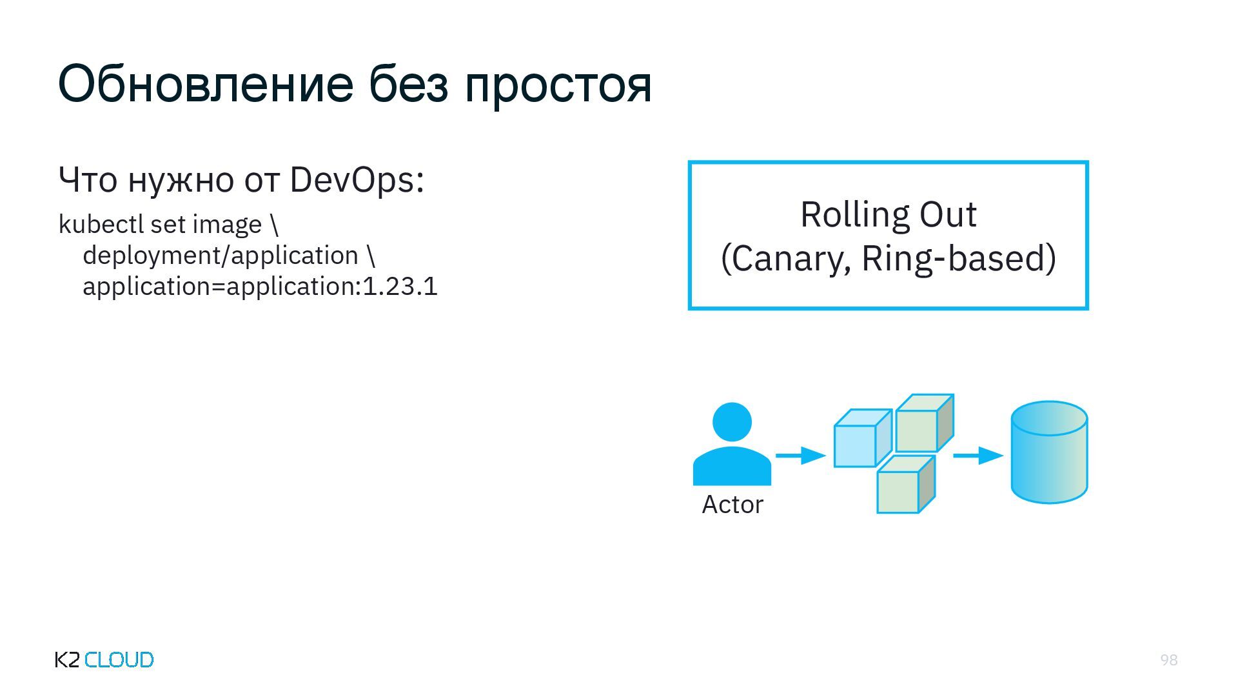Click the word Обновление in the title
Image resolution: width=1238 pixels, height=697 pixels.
[x=206, y=84]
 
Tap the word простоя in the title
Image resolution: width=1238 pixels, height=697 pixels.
[x=558, y=85]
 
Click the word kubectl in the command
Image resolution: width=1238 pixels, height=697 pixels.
[x=101, y=225]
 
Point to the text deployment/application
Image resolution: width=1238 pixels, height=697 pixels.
[x=221, y=256]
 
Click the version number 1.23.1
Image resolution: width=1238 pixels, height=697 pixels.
[x=400, y=287]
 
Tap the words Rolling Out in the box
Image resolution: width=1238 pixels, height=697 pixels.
[x=888, y=214]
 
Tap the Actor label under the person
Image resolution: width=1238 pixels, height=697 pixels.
[x=732, y=505]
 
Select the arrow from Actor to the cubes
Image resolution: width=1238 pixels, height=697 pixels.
[x=800, y=456]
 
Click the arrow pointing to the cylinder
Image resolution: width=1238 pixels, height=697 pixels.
[x=978, y=456]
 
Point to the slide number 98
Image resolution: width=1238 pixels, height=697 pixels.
[x=1168, y=660]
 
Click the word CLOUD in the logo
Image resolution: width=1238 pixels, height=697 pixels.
[x=119, y=660]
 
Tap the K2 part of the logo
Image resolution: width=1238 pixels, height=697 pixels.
[x=67, y=660]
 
